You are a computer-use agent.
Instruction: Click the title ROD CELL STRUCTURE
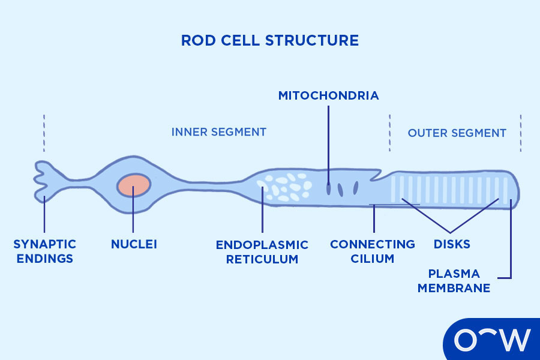[269, 41]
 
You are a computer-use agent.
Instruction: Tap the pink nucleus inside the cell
[133, 185]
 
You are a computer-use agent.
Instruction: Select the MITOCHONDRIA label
[328, 95]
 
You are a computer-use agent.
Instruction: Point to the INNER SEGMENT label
[218, 132]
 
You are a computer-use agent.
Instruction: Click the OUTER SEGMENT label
[457, 133]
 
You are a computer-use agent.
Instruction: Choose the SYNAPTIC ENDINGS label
[44, 251]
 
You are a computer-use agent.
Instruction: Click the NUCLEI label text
[133, 244]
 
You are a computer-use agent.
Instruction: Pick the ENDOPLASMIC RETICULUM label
[262, 252]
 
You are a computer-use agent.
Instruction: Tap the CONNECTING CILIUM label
[372, 251]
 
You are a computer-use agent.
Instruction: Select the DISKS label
[451, 244]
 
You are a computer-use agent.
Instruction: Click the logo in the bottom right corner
[492, 340]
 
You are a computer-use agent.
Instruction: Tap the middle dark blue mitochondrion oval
[340, 189]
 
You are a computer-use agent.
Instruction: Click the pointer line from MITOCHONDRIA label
[328, 144]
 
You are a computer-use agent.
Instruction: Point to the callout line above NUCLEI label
[133, 216]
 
